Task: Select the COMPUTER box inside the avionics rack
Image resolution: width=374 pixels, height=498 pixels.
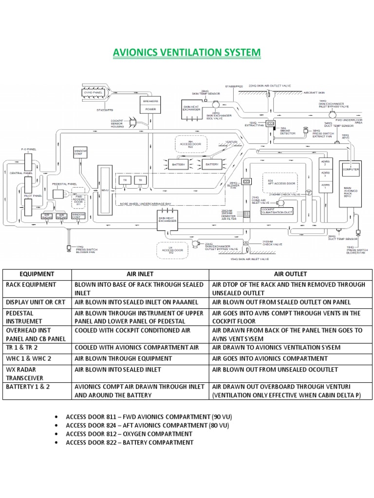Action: click(x=351, y=169)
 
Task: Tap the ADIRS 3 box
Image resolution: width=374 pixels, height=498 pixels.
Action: click(x=326, y=175)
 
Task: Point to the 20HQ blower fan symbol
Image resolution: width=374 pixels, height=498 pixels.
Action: click(x=246, y=181)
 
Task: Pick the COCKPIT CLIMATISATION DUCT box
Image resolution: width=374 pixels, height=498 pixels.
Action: click(x=278, y=212)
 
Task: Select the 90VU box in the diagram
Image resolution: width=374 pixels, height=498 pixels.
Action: click(x=105, y=190)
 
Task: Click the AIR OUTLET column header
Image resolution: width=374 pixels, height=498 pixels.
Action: click(x=290, y=274)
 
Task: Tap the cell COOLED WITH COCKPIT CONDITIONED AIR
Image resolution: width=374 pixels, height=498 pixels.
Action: click(x=132, y=330)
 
